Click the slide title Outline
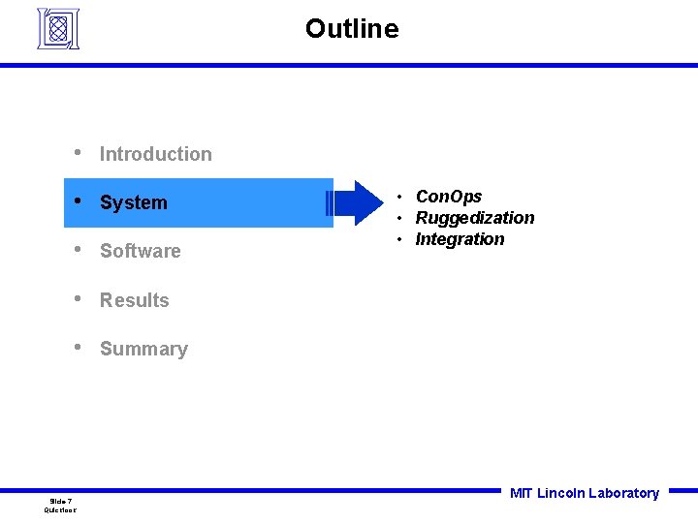[x=351, y=29]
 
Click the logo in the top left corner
[x=58, y=28]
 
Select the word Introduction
[x=155, y=154]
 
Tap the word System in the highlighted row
[x=134, y=202]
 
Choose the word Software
[x=141, y=251]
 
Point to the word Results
[x=135, y=300]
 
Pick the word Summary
[x=143, y=349]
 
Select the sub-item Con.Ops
[x=448, y=197]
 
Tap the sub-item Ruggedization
[x=475, y=218]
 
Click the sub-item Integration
[x=460, y=239]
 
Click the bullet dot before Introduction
[x=77, y=153]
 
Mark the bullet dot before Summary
[x=77, y=348]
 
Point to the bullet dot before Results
[x=77, y=299]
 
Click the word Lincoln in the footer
[x=560, y=493]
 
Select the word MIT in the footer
[x=521, y=493]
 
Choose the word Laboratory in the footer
[x=623, y=493]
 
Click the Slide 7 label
[x=60, y=501]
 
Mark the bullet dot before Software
[x=77, y=250]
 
